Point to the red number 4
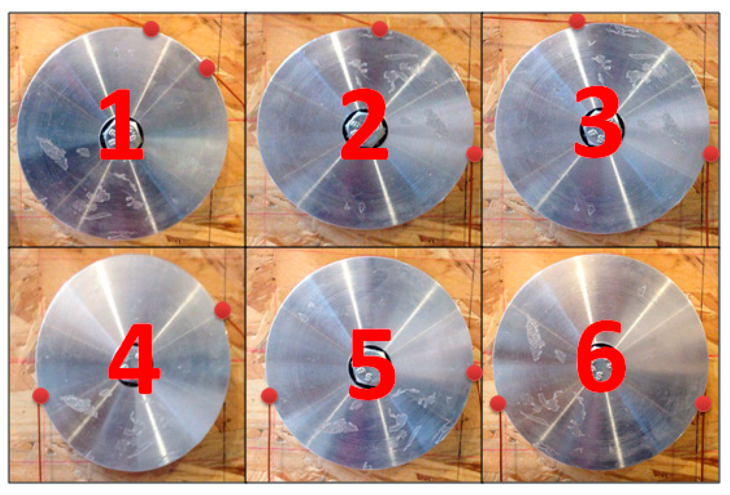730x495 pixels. (134, 359)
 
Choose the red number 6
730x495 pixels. (601, 357)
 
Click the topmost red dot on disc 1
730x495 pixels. (151, 29)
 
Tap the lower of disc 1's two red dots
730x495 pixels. (207, 68)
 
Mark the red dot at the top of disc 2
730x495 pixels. (379, 29)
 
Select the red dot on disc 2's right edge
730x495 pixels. (475, 154)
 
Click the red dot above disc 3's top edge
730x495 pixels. (577, 21)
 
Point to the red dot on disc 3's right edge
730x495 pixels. (711, 154)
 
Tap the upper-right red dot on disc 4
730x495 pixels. (223, 310)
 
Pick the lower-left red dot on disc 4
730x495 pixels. (41, 396)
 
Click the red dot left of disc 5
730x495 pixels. (269, 396)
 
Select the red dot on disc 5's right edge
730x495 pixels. (475, 373)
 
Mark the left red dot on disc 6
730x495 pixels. (498, 404)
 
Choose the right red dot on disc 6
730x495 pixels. (703, 404)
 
